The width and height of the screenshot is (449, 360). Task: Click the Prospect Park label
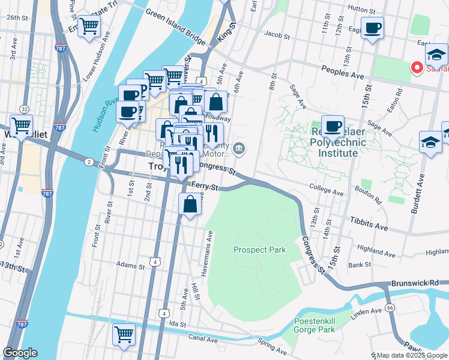259,250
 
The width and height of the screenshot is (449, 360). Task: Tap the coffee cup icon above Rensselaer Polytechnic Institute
333,127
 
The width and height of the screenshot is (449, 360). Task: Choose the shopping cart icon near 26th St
89,26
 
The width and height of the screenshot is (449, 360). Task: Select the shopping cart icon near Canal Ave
124,334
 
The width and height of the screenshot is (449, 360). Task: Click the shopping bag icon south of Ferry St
190,204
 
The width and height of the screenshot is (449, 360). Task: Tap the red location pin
415,67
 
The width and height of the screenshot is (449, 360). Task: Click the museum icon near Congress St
239,148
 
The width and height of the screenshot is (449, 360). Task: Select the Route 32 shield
24,109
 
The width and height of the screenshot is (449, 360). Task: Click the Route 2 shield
88,162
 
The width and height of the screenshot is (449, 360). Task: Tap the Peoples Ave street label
342,73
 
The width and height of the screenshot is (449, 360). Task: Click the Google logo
20,353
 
